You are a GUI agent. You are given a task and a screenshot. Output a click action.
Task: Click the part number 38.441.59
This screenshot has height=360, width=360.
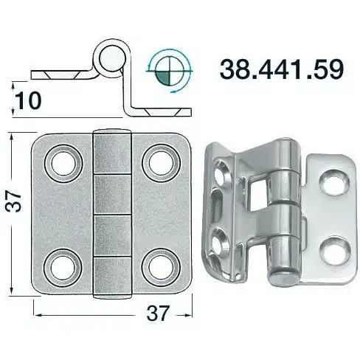coord(281,69)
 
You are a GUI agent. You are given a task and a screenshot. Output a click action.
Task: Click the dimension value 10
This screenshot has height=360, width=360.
coord(29,100)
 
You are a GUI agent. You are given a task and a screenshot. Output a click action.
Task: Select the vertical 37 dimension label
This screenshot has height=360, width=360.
coord(13,201)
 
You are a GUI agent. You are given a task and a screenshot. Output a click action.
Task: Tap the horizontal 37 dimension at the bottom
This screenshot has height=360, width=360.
coord(158,313)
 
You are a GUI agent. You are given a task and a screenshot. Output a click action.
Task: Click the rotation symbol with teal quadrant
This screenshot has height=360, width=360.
coord(170,71)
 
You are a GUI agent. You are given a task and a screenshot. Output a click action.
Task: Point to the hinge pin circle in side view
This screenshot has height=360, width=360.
coord(111,58)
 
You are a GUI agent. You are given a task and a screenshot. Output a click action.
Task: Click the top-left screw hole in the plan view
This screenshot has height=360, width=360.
coord(63,164)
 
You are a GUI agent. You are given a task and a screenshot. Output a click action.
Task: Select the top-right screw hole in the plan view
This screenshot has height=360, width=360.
coord(161,163)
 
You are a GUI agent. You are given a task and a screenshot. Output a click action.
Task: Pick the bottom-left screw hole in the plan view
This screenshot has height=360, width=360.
coord(63,268)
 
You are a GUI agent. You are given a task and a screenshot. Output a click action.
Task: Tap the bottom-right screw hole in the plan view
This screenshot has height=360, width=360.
coord(160,268)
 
